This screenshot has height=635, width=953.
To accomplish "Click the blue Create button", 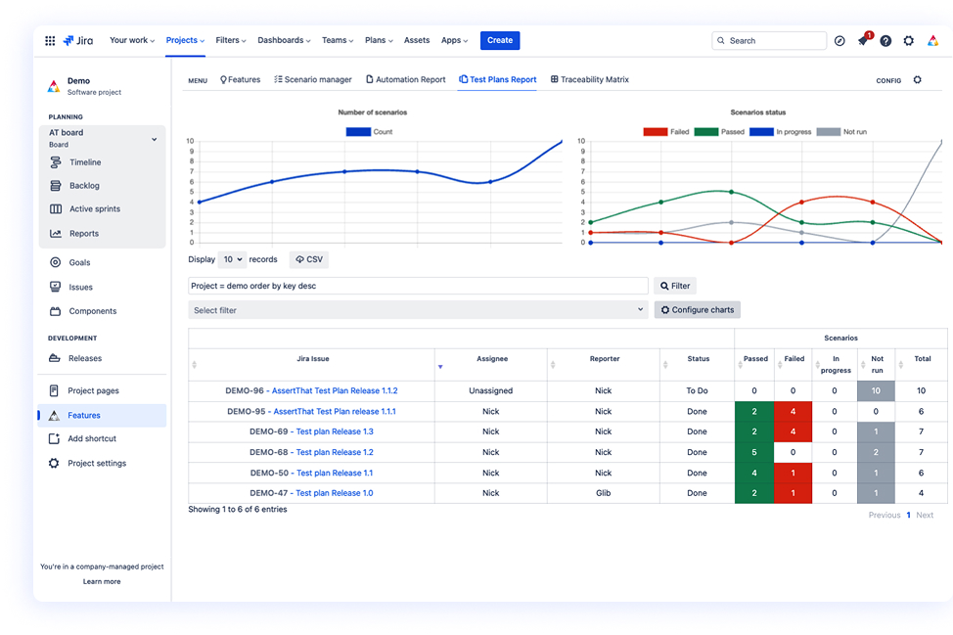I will click(x=500, y=40).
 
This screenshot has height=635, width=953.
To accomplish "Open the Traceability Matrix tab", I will click(x=590, y=79).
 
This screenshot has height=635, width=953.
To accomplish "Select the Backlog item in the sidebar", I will click(x=84, y=186).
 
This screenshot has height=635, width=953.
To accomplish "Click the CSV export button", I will click(x=309, y=259).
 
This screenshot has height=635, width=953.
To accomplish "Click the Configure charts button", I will click(x=697, y=310).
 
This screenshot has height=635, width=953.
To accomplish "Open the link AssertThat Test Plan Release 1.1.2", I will click(x=335, y=390).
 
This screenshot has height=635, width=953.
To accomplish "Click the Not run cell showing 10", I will click(x=877, y=390).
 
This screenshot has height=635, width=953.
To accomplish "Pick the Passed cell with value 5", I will click(x=754, y=452).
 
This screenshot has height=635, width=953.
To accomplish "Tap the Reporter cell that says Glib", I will click(x=603, y=493).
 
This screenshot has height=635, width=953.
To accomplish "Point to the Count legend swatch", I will click(x=358, y=131).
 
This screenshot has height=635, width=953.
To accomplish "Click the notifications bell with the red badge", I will click(x=863, y=41).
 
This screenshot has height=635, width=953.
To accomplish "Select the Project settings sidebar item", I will click(x=96, y=464).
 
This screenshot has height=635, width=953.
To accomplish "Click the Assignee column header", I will click(x=491, y=359).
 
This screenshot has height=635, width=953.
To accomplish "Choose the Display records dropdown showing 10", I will click(x=232, y=259).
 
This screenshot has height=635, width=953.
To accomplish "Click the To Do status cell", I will click(x=698, y=390).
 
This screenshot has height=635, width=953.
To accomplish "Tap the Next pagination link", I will click(x=925, y=515).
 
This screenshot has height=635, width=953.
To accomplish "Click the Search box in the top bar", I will click(x=771, y=41).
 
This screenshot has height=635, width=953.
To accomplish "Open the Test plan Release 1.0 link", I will click(x=334, y=493).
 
